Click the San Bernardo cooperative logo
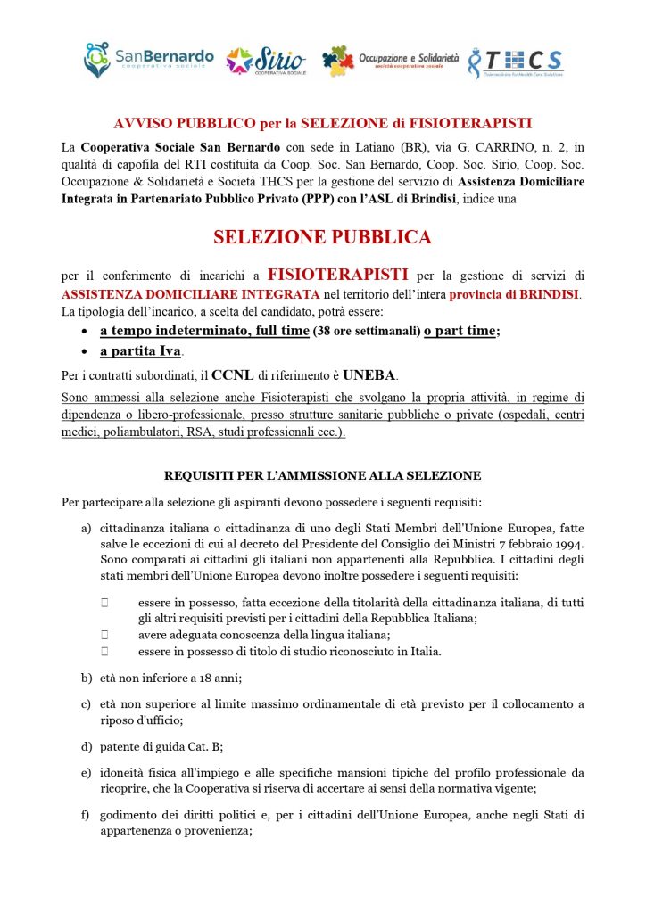click(148, 60)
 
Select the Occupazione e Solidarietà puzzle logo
click(389, 61)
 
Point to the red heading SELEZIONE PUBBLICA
click(322, 237)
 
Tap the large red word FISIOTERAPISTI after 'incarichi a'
click(338, 275)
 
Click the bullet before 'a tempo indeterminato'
click(83, 331)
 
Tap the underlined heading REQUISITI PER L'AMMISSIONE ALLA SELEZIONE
click(322, 475)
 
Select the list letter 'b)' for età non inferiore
click(87, 677)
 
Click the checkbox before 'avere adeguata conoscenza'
click(104, 634)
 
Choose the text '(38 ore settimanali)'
click(366, 332)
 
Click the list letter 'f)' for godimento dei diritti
click(87, 814)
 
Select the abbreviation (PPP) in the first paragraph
click(288, 198)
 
